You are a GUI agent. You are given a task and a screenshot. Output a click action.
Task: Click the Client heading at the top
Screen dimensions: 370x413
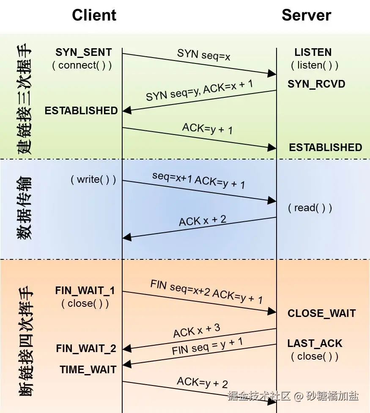94,15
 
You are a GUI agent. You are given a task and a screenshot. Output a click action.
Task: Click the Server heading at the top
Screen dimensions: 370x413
306,15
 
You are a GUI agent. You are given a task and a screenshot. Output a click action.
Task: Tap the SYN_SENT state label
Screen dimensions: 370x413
84,52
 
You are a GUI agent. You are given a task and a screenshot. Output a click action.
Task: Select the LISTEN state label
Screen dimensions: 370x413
313,52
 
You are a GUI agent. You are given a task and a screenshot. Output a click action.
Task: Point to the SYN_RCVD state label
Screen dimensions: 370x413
316,84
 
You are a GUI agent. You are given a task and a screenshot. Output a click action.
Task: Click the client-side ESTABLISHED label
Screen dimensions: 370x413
81,110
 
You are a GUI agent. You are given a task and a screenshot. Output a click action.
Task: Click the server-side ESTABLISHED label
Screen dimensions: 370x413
326,147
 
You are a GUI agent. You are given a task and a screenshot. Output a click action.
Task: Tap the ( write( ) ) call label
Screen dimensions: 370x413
93,180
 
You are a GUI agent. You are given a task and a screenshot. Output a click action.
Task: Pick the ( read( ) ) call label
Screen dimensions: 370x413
310,208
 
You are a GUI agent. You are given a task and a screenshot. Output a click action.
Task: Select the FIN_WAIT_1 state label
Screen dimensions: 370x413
85,291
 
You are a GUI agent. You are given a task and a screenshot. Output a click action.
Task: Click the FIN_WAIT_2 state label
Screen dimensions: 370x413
86,349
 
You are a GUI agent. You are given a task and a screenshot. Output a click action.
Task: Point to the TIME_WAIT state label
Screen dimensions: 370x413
88,369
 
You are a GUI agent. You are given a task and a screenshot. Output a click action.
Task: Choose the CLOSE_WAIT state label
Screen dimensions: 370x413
321,314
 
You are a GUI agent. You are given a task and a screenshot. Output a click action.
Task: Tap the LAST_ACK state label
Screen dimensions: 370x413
315,344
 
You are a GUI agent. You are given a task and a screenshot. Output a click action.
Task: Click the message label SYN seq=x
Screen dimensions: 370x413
204,55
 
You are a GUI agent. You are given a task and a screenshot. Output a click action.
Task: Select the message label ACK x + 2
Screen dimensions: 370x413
203,220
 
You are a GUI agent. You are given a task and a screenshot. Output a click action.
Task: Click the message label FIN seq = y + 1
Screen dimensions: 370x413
207,346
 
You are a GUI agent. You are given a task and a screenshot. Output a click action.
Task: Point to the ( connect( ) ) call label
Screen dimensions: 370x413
82,65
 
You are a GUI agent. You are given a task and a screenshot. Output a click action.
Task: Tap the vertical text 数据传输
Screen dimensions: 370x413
25,208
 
